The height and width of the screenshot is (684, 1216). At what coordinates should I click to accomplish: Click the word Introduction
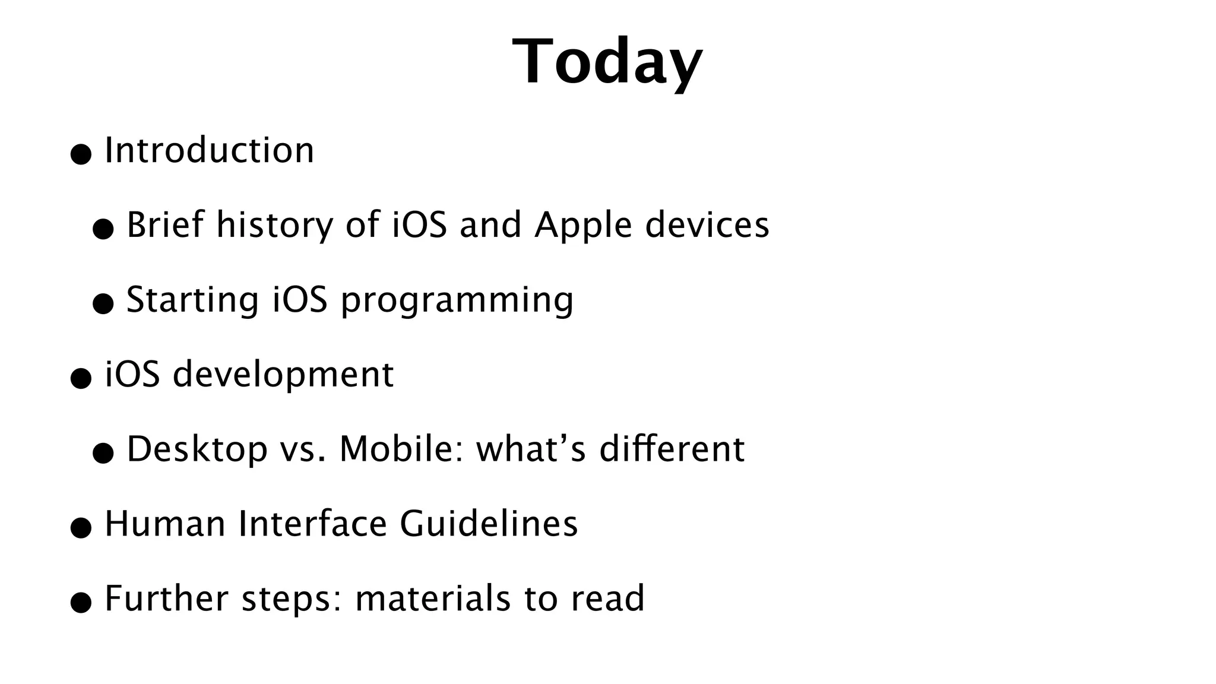click(x=209, y=150)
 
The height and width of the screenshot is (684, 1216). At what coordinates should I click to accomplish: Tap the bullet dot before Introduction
click(x=81, y=154)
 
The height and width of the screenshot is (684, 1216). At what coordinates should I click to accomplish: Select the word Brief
click(x=164, y=225)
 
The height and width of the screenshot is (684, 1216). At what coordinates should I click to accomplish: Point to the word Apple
click(x=582, y=226)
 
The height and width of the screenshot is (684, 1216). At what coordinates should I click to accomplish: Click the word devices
click(x=707, y=225)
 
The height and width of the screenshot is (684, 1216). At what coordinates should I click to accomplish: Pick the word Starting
click(x=192, y=300)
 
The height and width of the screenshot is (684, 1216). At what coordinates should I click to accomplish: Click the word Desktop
click(x=197, y=450)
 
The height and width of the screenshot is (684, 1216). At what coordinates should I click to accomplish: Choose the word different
click(x=672, y=449)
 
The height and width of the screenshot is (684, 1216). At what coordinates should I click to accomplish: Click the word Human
click(x=164, y=524)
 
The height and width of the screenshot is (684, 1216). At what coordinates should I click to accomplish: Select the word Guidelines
click(x=489, y=524)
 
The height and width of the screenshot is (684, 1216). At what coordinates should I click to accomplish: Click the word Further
click(x=166, y=598)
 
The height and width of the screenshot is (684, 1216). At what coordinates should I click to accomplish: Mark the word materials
click(x=432, y=598)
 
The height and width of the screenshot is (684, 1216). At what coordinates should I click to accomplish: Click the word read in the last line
click(x=607, y=598)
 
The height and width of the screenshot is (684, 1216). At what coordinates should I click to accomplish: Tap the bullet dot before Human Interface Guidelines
click(x=81, y=528)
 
